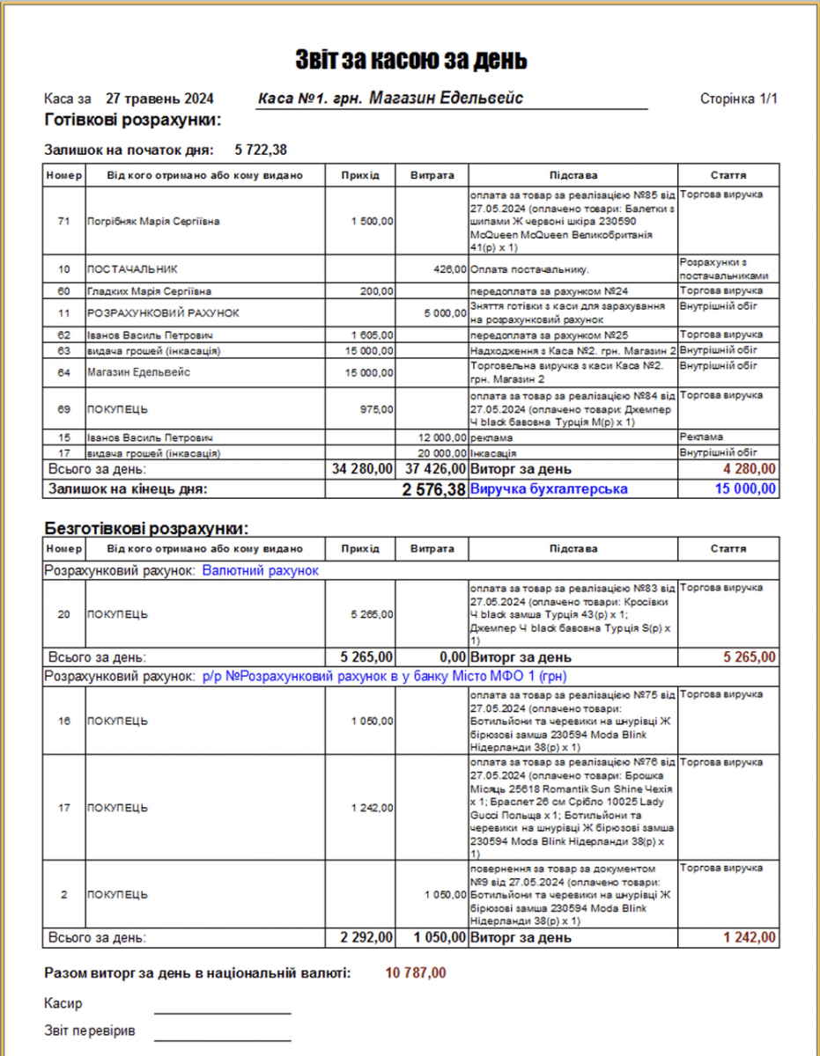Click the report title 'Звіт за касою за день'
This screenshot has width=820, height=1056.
pyautogui.click(x=410, y=60)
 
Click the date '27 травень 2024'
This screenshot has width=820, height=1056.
pyautogui.click(x=159, y=99)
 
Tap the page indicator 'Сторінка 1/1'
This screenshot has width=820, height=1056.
pyautogui.click(x=738, y=99)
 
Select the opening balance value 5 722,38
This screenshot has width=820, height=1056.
pyautogui.click(x=261, y=150)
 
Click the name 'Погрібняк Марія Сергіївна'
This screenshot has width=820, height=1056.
pyautogui.click(x=153, y=222)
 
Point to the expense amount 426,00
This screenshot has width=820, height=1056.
pyautogui.click(x=449, y=269)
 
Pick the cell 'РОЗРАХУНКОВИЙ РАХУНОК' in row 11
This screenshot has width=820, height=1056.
pyautogui.click(x=163, y=313)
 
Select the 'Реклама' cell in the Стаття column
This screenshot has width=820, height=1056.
pyautogui.click(x=702, y=437)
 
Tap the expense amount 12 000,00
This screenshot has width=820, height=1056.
pyautogui.click(x=442, y=437)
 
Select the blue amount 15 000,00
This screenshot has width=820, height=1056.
pyautogui.click(x=746, y=488)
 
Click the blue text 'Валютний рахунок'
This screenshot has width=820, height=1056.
pyautogui.click(x=260, y=570)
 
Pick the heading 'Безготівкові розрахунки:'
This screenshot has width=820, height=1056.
pyautogui.click(x=147, y=529)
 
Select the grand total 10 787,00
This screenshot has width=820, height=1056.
pyautogui.click(x=417, y=972)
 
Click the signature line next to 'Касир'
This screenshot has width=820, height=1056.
pyautogui.click(x=222, y=1013)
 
